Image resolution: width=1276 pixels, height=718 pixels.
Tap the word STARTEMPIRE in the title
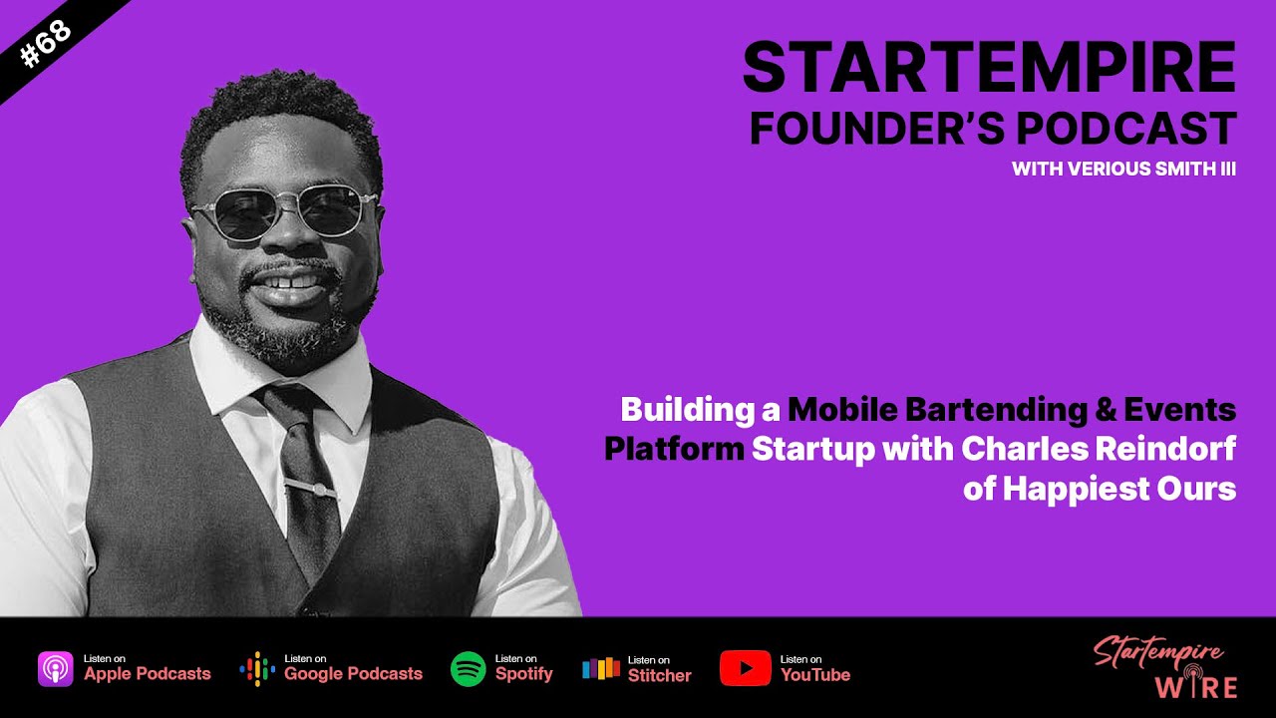click(988, 69)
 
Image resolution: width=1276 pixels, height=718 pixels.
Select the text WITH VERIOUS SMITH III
click(1123, 170)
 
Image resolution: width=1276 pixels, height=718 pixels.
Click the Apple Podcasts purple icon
click(56, 668)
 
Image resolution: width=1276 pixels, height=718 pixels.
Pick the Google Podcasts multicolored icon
click(257, 668)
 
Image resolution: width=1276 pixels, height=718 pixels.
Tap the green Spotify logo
click(468, 668)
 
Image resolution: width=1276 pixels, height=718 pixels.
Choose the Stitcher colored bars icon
click(601, 668)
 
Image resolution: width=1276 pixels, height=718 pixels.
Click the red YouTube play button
click(745, 668)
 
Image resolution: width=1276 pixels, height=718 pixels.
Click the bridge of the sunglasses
click(285, 200)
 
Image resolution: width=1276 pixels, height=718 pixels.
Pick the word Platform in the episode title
click(674, 450)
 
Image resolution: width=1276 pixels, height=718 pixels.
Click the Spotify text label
click(523, 674)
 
